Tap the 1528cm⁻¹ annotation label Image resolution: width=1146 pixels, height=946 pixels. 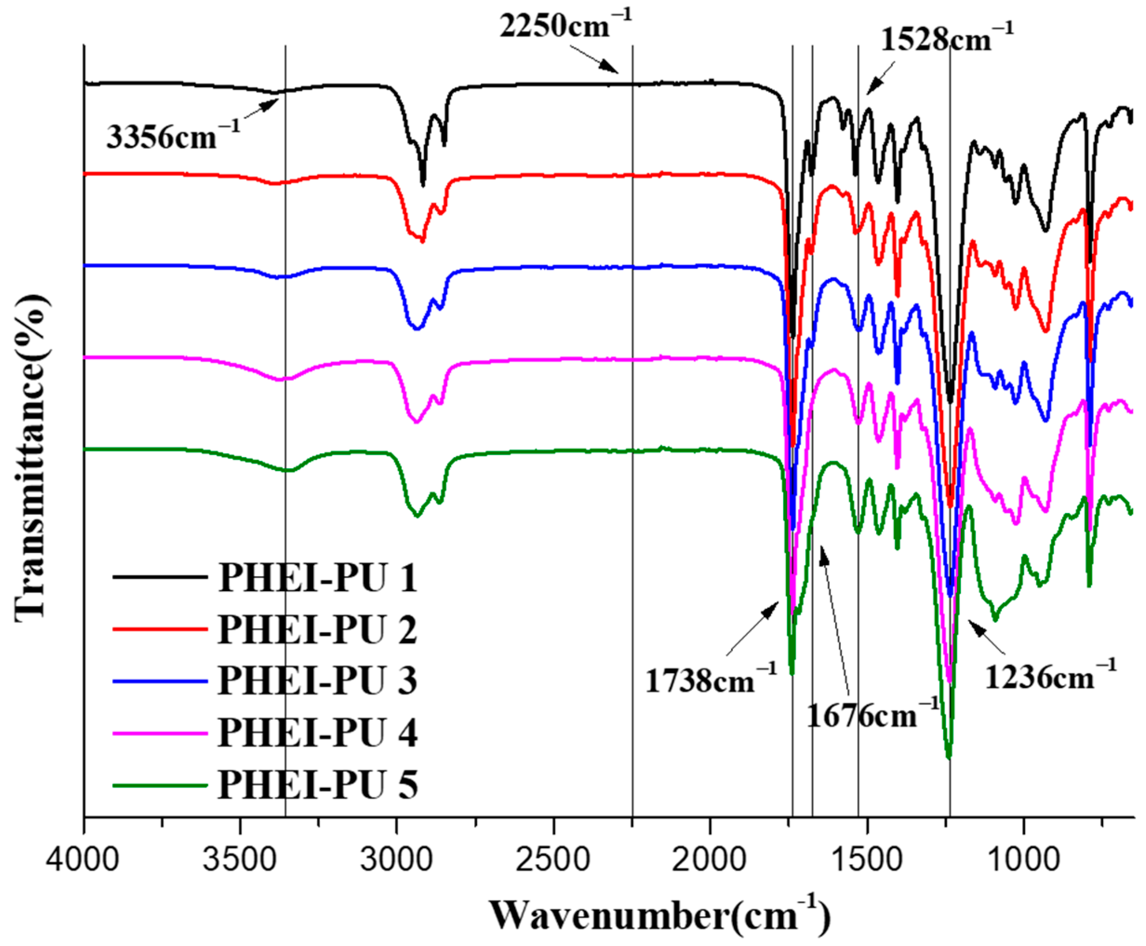(x=947, y=39)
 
